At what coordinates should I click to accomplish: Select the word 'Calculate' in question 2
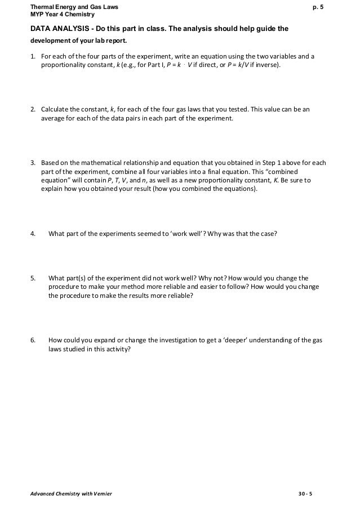55,109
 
